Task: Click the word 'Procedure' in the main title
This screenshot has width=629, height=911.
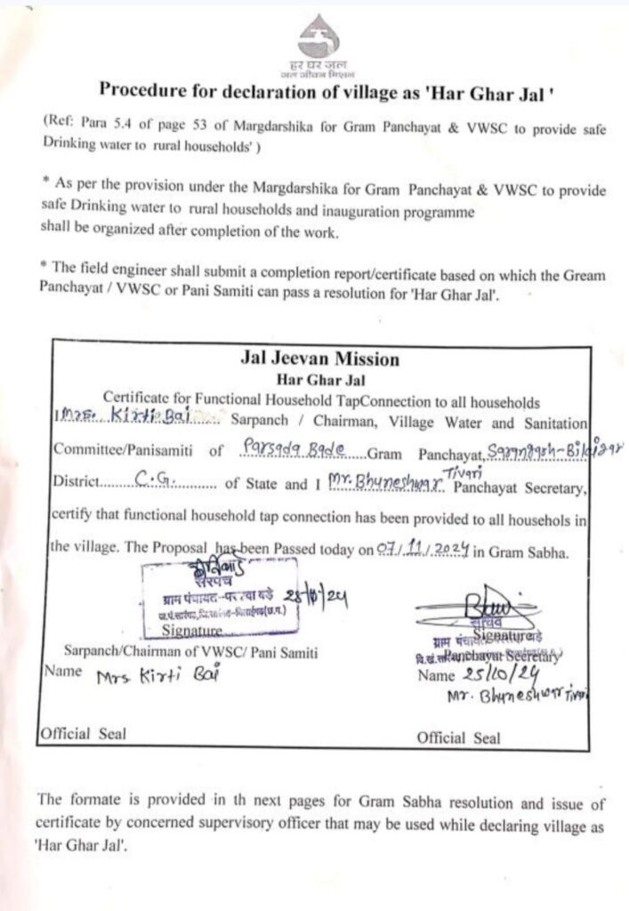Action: click(142, 89)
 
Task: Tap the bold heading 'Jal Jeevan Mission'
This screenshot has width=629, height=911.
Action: click(319, 359)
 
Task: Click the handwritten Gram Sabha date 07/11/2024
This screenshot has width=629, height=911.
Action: click(424, 551)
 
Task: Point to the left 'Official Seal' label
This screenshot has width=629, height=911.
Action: click(82, 734)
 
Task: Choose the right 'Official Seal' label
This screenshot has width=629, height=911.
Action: click(458, 738)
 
